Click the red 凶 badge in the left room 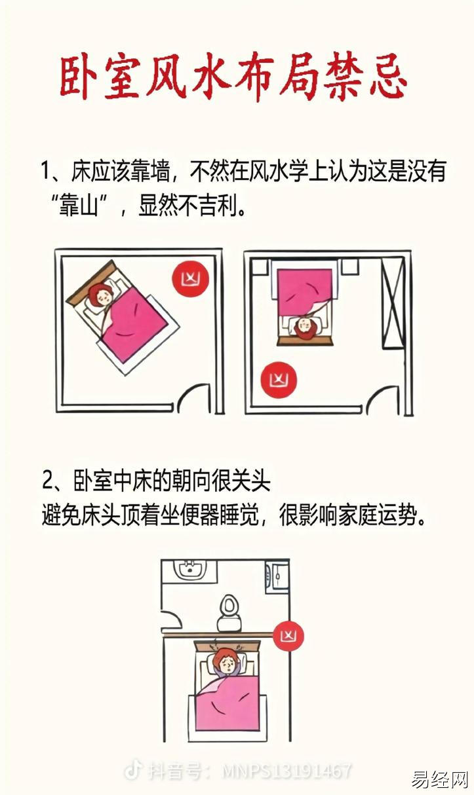tap(191, 278)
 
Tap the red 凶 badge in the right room tap(279, 380)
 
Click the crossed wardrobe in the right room tap(393, 303)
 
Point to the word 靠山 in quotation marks tap(79, 206)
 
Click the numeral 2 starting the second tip tap(47, 480)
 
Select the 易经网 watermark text tap(439, 779)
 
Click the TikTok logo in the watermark tap(133, 770)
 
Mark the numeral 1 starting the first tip tap(45, 171)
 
